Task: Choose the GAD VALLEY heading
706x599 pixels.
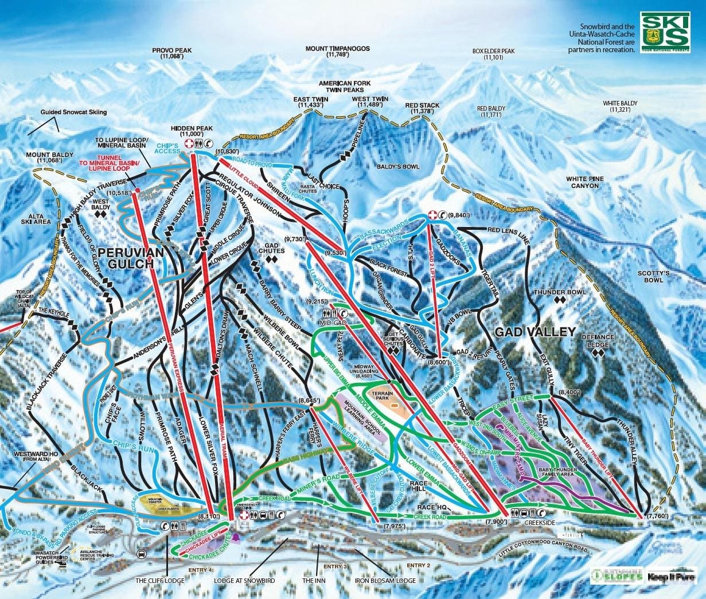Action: point(535,332)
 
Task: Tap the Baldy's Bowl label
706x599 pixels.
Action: point(397,167)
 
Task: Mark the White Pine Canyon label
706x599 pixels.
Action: point(585,182)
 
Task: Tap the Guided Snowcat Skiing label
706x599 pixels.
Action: point(73,112)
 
